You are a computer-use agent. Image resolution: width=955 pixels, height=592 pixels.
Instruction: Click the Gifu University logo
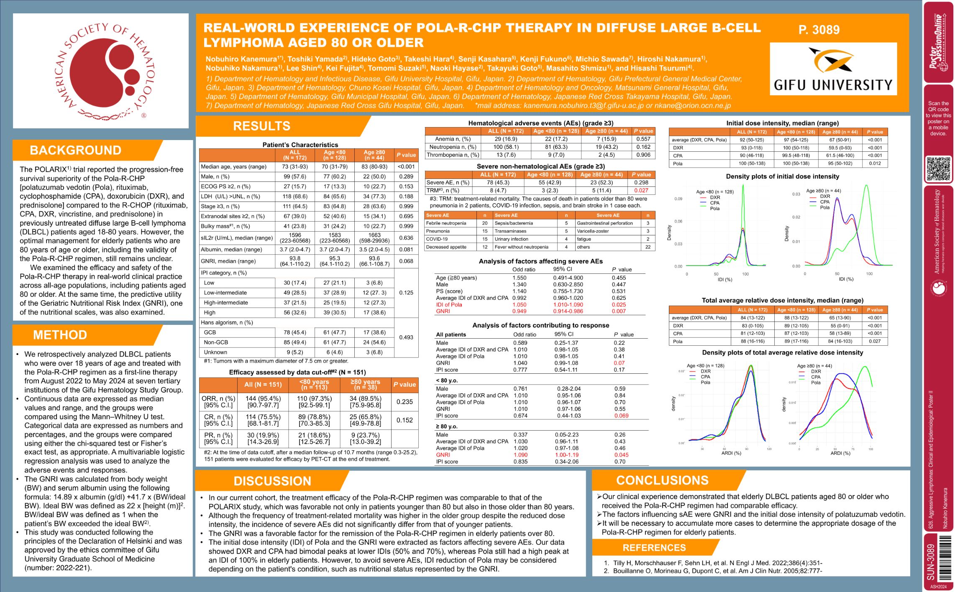click(x=833, y=69)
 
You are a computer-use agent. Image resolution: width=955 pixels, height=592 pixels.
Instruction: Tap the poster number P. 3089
click(x=819, y=30)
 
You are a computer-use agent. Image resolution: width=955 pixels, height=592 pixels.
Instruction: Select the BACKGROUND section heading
click(x=76, y=150)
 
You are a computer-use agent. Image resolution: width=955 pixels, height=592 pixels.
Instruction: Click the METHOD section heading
click(x=60, y=335)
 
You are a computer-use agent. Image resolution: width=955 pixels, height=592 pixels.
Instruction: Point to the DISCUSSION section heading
click(x=272, y=481)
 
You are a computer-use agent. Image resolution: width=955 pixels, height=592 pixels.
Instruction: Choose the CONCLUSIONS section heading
click(x=662, y=480)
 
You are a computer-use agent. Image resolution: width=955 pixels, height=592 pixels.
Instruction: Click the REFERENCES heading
click(x=654, y=548)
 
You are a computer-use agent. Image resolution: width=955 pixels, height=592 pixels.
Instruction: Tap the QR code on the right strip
click(x=938, y=168)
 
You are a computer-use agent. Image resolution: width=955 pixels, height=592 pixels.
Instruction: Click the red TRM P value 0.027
click(x=641, y=190)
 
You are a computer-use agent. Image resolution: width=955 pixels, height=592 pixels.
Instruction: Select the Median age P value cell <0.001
click(x=406, y=166)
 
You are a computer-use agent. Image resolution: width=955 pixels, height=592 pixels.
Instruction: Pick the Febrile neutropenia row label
click(x=446, y=223)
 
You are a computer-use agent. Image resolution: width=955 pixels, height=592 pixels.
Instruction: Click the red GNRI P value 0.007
click(x=619, y=311)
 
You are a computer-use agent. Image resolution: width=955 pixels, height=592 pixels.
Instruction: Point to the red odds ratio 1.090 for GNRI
click(x=520, y=455)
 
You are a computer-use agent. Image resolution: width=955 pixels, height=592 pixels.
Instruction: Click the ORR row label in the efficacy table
click(x=218, y=402)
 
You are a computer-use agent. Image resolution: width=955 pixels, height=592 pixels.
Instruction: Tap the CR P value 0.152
click(x=405, y=420)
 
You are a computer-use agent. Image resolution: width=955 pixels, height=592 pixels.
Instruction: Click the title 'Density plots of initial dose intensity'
click(x=782, y=176)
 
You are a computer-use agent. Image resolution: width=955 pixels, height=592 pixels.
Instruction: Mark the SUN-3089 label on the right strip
click(x=931, y=561)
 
